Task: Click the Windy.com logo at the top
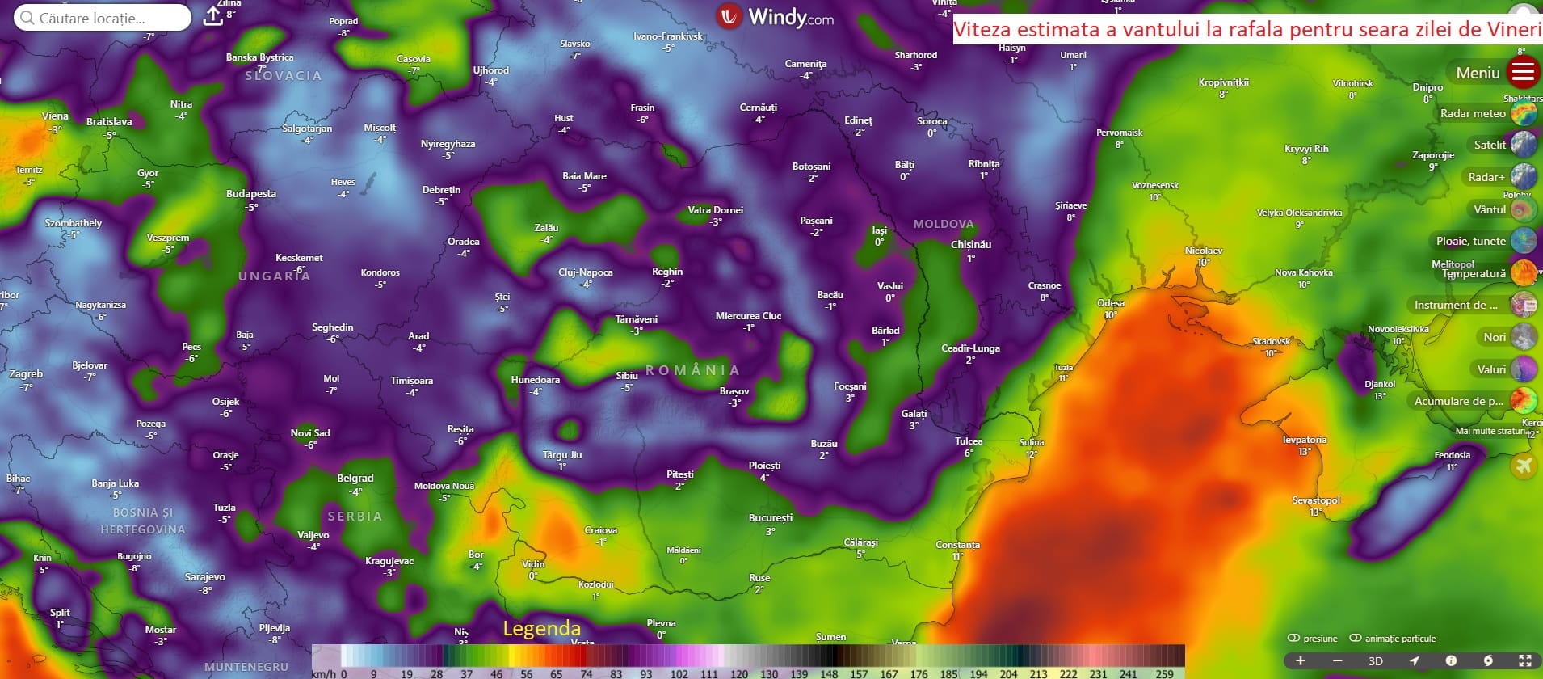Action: (x=776, y=17)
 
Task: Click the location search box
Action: (x=103, y=18)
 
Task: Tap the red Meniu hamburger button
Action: (x=1523, y=73)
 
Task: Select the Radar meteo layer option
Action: (x=1524, y=113)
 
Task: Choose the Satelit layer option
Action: (x=1524, y=145)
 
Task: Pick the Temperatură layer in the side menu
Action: (x=1524, y=273)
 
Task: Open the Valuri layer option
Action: (x=1524, y=369)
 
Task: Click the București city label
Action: (x=771, y=518)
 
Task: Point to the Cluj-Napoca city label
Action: (x=586, y=272)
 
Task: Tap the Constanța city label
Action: (x=957, y=545)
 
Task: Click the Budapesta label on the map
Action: (x=251, y=194)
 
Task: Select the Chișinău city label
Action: (x=971, y=245)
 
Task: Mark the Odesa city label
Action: (x=1111, y=304)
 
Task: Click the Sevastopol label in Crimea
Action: (x=1316, y=500)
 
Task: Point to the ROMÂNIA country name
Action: (x=692, y=370)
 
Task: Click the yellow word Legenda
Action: (x=541, y=628)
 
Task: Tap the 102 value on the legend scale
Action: (x=679, y=673)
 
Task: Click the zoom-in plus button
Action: (x=1301, y=660)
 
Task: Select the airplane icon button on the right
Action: (x=1524, y=466)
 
